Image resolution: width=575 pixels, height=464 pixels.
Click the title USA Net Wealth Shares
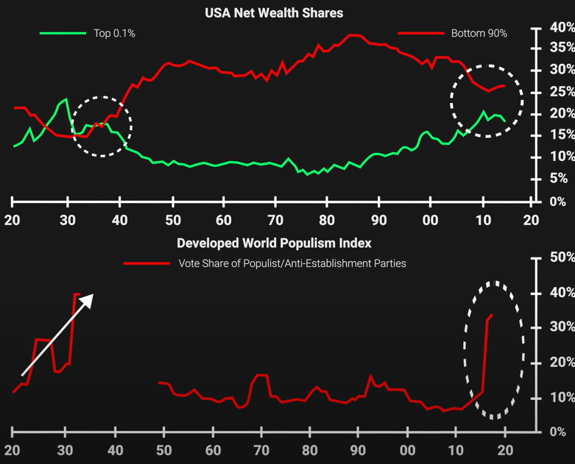(x=274, y=13)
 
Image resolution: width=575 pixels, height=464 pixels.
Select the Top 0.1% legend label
(x=114, y=33)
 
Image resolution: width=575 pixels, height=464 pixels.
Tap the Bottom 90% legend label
(x=479, y=33)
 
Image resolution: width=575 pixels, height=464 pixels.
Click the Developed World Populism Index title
(x=274, y=243)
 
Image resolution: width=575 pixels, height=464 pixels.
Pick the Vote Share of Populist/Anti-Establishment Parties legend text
(x=292, y=263)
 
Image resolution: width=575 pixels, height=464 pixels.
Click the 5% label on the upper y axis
(x=559, y=179)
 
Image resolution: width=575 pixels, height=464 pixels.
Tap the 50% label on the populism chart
(x=562, y=257)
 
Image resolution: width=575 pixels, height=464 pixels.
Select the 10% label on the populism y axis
(x=562, y=397)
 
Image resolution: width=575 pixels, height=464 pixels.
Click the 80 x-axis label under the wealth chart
(x=327, y=220)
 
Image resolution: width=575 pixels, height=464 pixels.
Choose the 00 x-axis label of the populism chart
(x=407, y=450)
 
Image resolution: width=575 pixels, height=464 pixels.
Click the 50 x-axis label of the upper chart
(x=173, y=220)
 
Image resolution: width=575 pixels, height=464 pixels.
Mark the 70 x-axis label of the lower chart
(x=261, y=450)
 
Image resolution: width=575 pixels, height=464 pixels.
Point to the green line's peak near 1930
(x=66, y=99)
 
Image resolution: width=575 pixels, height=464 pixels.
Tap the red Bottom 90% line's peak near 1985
(x=355, y=35)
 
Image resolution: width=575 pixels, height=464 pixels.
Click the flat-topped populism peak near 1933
(x=77, y=294)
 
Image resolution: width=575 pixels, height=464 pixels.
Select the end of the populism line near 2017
(x=492, y=315)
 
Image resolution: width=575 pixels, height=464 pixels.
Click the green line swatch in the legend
(x=63, y=33)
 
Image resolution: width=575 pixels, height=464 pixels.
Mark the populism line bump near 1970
(x=261, y=375)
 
